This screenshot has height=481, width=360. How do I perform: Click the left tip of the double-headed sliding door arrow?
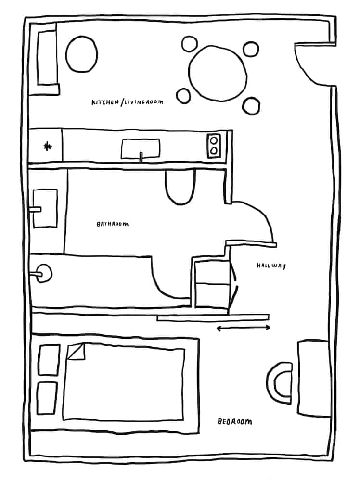[x=217, y=329]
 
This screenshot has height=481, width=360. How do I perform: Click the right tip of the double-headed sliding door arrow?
[x=270, y=328]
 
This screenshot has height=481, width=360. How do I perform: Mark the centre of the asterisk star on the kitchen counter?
[x=47, y=146]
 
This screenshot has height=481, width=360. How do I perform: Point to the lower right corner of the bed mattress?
[x=183, y=419]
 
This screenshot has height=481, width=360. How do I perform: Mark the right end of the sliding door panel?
[x=269, y=317]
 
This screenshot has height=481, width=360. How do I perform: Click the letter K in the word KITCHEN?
[x=93, y=103]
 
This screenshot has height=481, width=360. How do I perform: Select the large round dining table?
[x=218, y=74]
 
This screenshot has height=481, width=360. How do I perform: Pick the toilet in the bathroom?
[x=180, y=187]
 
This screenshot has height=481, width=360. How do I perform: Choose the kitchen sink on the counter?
[x=141, y=149]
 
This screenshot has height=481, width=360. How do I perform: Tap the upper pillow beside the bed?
[x=49, y=360]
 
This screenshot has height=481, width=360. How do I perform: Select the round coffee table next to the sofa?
[x=82, y=54]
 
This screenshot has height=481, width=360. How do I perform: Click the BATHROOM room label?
[x=113, y=224]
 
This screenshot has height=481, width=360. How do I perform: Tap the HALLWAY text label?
[x=271, y=266]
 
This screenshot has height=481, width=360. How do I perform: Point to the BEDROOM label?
[x=235, y=421]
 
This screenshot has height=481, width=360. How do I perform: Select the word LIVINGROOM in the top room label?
[x=143, y=101]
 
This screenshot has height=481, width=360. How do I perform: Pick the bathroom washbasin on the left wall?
[x=45, y=208]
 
